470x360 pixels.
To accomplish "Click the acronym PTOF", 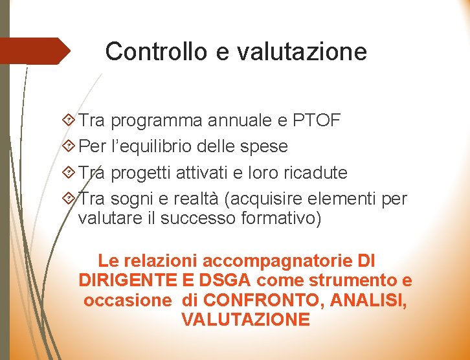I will [317, 120].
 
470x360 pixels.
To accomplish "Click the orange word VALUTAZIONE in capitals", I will [245, 320].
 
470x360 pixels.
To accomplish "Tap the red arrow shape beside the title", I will [36, 51].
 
